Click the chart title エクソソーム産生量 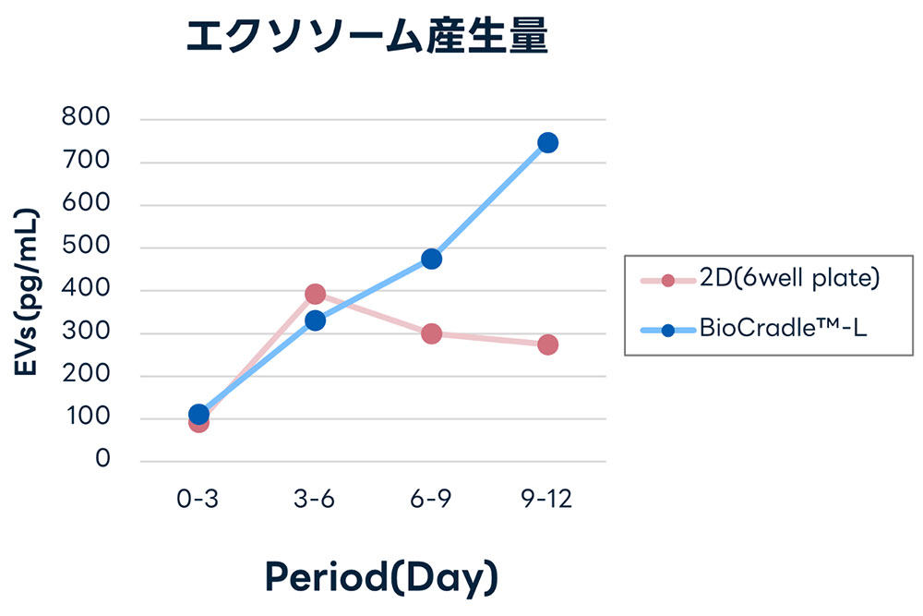point(367,39)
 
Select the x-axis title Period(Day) point(381,577)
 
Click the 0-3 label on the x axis point(198,500)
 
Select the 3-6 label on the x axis point(315,500)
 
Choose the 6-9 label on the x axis point(431,500)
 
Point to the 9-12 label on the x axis point(547,500)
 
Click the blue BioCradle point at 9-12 point(547,142)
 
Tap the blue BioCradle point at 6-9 point(431,259)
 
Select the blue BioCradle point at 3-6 point(315,320)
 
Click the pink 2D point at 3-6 point(315,294)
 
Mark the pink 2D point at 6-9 point(431,333)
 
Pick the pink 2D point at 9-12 point(547,344)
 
